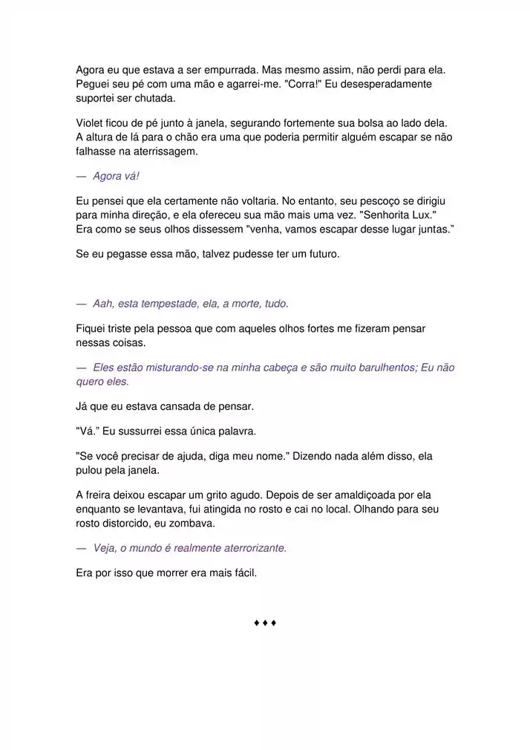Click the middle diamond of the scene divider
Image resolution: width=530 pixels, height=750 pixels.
[x=265, y=622]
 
